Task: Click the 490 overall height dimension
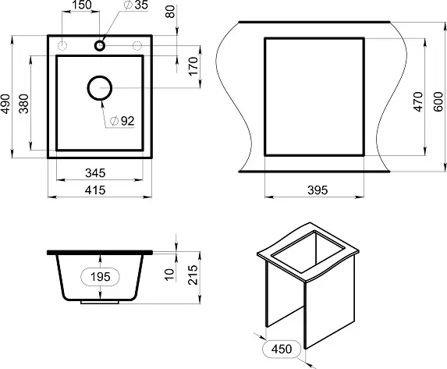click(5, 104)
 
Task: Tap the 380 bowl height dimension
click(24, 104)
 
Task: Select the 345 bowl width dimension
click(95, 173)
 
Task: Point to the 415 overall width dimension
click(95, 190)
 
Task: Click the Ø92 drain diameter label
click(122, 121)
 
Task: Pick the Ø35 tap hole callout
click(137, 5)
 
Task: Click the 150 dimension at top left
click(82, 5)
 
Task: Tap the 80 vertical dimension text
click(170, 12)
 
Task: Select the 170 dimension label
click(193, 66)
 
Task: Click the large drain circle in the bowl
click(100, 76)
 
